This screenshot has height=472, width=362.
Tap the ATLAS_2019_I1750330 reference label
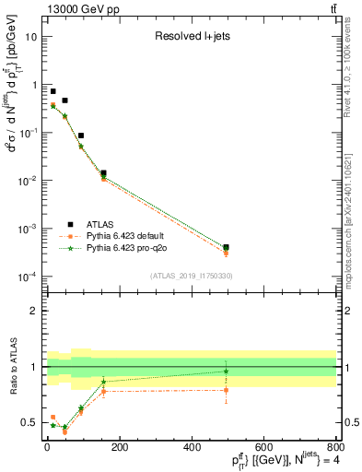(191, 276)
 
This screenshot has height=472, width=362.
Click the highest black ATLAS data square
(53, 91)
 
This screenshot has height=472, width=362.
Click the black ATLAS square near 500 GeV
(226, 247)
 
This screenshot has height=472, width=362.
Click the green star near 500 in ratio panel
(226, 372)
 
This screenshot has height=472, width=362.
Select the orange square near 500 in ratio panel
(226, 390)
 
